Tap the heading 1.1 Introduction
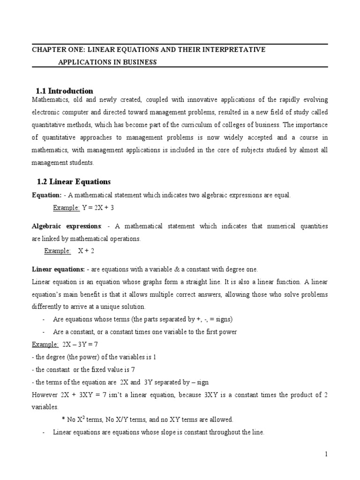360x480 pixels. point(65,91)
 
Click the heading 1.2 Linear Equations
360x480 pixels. point(74,181)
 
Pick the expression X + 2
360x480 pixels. point(87,251)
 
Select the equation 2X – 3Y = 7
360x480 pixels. point(80,344)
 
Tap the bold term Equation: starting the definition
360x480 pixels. point(46,195)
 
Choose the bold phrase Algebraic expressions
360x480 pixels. point(67,226)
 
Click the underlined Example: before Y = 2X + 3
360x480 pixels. point(66,208)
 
